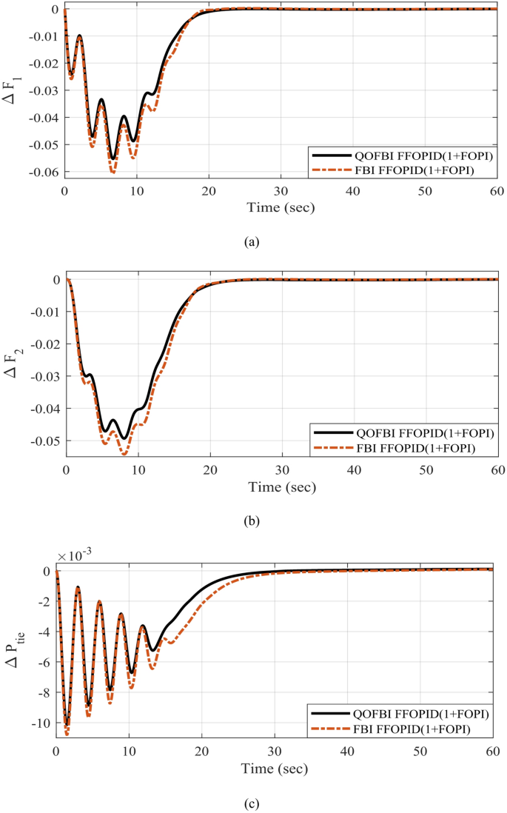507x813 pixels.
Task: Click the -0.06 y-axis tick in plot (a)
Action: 43,172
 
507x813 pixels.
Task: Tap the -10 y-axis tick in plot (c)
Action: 42,723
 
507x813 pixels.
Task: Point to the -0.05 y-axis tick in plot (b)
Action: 44,441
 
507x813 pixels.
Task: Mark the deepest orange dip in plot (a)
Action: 113,173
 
